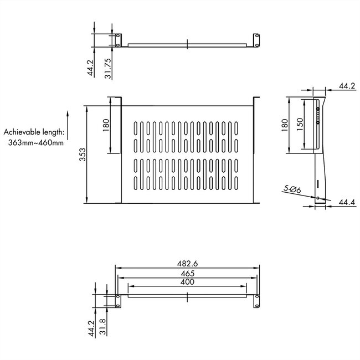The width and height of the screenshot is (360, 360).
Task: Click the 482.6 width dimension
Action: point(187,264)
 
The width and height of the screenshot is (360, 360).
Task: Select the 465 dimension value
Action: point(187,273)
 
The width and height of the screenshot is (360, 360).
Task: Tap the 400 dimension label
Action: point(187,282)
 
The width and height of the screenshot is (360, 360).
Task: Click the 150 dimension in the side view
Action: point(299,123)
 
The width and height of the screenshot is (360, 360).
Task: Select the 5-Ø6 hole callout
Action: point(291,189)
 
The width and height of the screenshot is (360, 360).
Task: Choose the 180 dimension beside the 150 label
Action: point(284,124)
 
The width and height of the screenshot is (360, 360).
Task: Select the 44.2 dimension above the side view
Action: point(346,86)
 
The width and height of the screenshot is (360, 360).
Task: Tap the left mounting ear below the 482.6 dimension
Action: point(117,299)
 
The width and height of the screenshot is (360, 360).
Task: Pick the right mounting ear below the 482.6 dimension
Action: point(256,299)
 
